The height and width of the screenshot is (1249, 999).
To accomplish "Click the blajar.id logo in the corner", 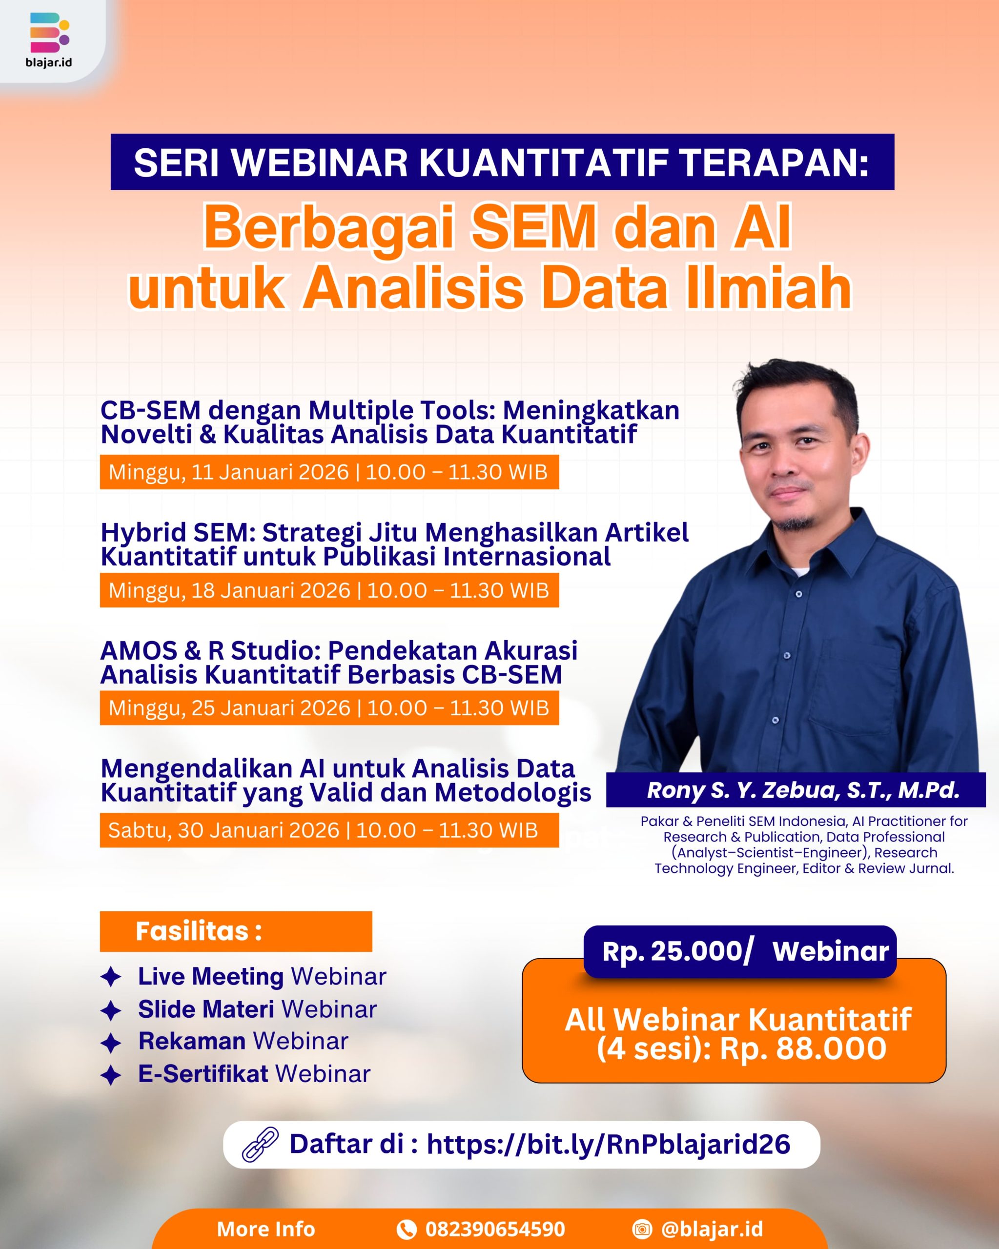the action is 49,40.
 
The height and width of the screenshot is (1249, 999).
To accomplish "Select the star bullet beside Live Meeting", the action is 111,977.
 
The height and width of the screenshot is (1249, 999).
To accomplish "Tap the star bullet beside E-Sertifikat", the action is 111,1075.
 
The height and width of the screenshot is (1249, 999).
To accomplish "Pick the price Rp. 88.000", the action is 803,1048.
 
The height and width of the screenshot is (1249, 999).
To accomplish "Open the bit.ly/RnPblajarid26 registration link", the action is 609,1144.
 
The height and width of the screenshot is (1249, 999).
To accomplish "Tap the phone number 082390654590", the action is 495,1229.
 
